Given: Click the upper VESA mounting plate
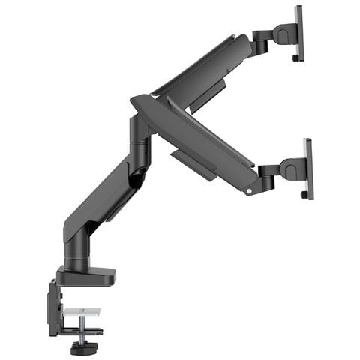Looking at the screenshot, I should point(298,34).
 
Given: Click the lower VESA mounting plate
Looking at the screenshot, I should point(307,168).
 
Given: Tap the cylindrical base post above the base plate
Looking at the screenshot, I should point(76,255).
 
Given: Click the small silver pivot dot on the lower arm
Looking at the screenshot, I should point(248,191).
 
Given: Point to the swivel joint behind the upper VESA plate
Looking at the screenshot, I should point(282,34).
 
